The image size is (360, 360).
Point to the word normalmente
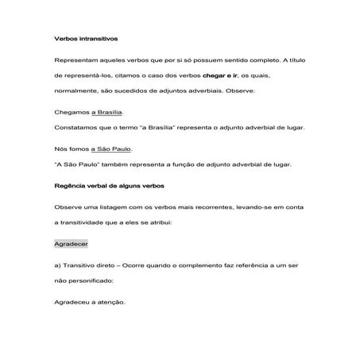click(x=75, y=90)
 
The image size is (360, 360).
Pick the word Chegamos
click(x=70, y=112)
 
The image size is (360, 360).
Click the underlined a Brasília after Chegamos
click(x=106, y=112)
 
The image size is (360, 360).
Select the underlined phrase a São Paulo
click(x=110, y=149)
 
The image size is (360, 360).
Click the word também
click(x=116, y=165)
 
